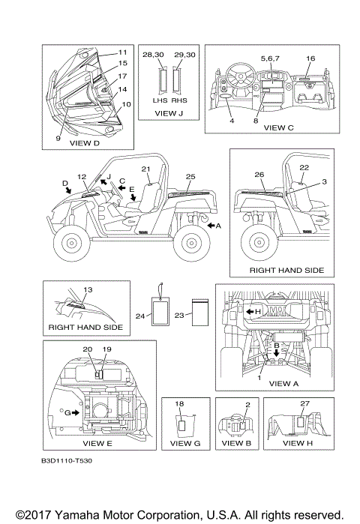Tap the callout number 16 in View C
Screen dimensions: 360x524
(x=310, y=58)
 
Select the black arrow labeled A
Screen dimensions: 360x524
(x=211, y=226)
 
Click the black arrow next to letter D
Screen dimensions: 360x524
(x=68, y=190)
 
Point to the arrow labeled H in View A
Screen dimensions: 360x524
(x=250, y=311)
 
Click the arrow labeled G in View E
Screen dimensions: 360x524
(x=76, y=413)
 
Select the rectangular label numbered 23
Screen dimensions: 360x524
(x=200, y=313)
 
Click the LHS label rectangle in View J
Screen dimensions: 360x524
(x=162, y=80)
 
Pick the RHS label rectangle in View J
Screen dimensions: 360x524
(x=176, y=80)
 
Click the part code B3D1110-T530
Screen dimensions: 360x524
(x=67, y=461)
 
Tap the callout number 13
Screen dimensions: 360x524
(x=88, y=290)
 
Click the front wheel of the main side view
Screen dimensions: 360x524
(x=71, y=243)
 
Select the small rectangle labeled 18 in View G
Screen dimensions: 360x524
(x=181, y=425)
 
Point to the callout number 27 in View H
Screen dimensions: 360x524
(x=304, y=404)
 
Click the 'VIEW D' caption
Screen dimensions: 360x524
(x=85, y=143)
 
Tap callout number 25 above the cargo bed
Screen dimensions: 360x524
(x=190, y=176)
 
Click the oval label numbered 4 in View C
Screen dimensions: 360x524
(x=225, y=96)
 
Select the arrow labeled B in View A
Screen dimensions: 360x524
(x=277, y=352)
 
